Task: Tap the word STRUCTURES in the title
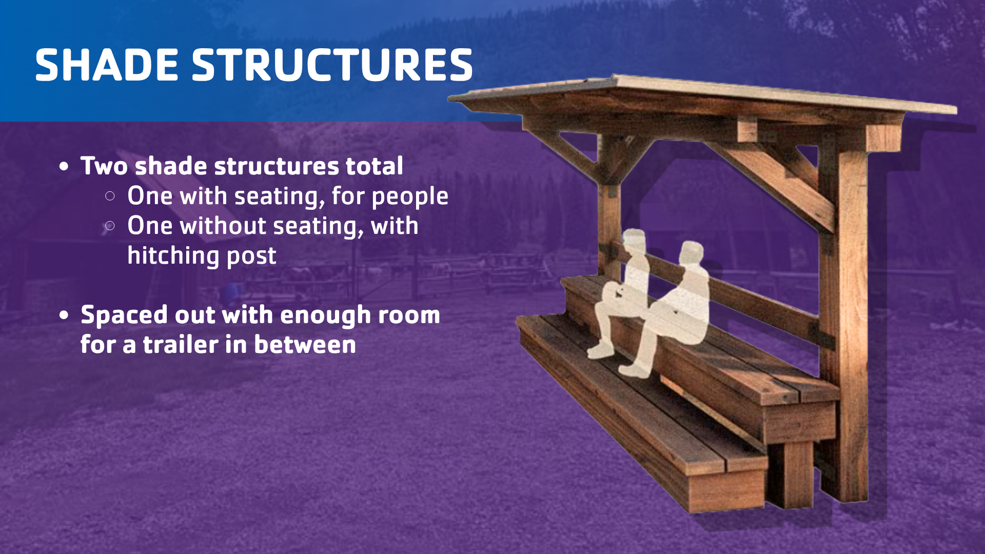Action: click(332, 65)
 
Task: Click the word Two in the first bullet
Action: click(104, 166)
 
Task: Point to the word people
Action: click(410, 197)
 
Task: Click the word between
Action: click(305, 344)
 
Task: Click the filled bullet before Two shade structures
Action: click(64, 167)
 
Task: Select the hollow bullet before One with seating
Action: click(110, 196)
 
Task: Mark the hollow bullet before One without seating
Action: click(110, 226)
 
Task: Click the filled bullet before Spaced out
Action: click(64, 315)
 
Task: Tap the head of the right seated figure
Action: click(692, 253)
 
